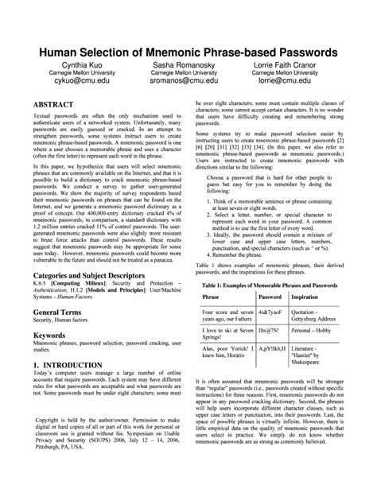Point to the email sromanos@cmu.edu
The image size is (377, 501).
[188, 81]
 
